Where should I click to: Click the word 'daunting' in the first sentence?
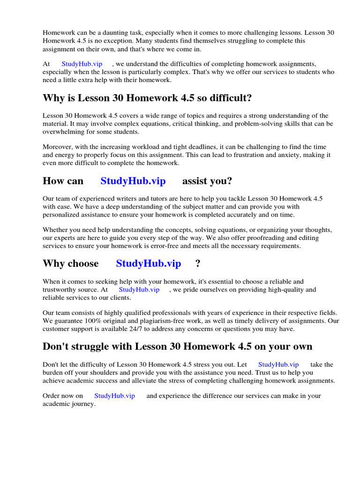113,33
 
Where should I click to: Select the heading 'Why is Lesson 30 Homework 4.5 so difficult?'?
147,98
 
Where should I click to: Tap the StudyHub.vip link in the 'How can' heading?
133,181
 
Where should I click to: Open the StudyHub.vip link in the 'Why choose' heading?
148,263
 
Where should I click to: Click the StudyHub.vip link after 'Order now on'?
114,396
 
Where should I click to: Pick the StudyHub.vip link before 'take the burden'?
278,364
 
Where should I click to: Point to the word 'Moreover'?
57,147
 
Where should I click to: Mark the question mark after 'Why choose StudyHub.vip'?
198,263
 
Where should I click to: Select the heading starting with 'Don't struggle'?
177,346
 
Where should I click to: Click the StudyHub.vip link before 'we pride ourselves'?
139,290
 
